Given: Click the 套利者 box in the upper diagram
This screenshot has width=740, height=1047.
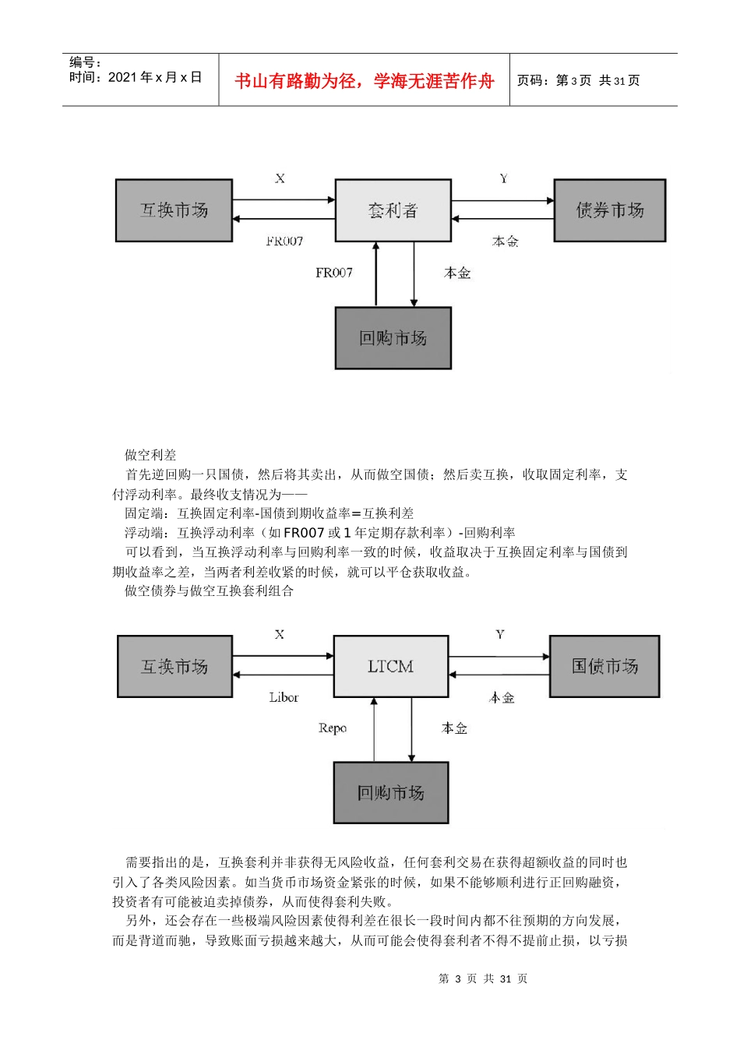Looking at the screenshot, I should tap(393, 210).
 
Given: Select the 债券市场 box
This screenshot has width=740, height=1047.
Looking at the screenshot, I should tap(609, 210).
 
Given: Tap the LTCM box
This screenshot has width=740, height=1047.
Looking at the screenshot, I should tap(390, 666).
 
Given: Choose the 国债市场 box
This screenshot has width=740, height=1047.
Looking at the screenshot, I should tap(604, 666).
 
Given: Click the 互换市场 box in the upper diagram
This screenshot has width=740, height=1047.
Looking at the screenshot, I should tap(174, 210).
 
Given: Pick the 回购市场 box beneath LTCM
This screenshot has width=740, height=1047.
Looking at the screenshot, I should tap(390, 792).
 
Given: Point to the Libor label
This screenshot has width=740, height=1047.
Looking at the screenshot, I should tap(284, 697).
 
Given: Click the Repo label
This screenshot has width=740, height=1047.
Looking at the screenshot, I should tap(332, 728).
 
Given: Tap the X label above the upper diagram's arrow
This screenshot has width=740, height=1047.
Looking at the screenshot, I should tap(280, 178).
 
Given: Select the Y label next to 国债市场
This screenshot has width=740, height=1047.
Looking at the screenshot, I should tap(500, 635).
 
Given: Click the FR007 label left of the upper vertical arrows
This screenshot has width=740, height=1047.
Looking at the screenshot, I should tap(333, 273).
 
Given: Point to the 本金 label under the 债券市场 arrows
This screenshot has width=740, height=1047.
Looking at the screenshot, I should tap(505, 241).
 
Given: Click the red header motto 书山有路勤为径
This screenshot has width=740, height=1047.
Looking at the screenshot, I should tap(364, 81).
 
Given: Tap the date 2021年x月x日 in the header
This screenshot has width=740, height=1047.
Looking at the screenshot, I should tap(155, 77).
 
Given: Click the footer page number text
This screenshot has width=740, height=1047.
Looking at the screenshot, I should tap(483, 978).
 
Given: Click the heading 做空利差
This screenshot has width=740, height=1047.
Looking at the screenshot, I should tap(150, 455).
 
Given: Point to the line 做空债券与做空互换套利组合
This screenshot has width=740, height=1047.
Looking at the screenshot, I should tap(209, 590).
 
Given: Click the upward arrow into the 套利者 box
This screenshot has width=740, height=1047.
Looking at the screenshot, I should tap(376, 274).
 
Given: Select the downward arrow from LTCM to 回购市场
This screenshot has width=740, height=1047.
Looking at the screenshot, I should tap(411, 729).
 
